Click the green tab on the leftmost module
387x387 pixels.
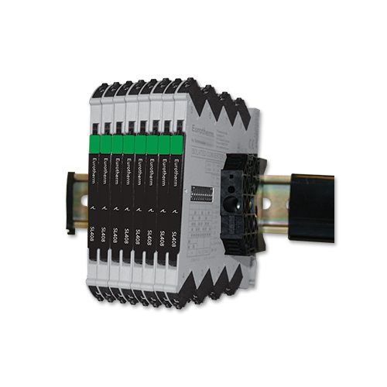[95, 144]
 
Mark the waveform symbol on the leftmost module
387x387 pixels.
[95, 208]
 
